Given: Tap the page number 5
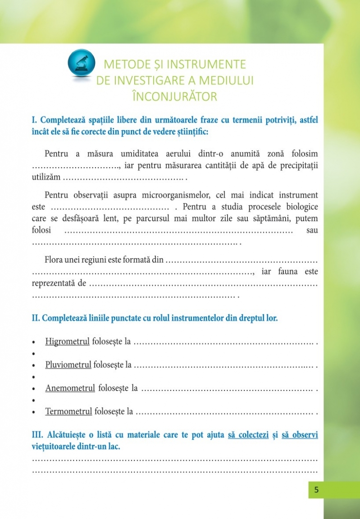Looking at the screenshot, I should (316, 490).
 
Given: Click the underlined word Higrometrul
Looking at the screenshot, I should (68, 341).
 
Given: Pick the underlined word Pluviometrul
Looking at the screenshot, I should (68, 364).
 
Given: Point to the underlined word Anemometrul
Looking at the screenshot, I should (70, 388).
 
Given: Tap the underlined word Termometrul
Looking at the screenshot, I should (68, 411).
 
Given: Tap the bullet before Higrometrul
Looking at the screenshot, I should (34, 342).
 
